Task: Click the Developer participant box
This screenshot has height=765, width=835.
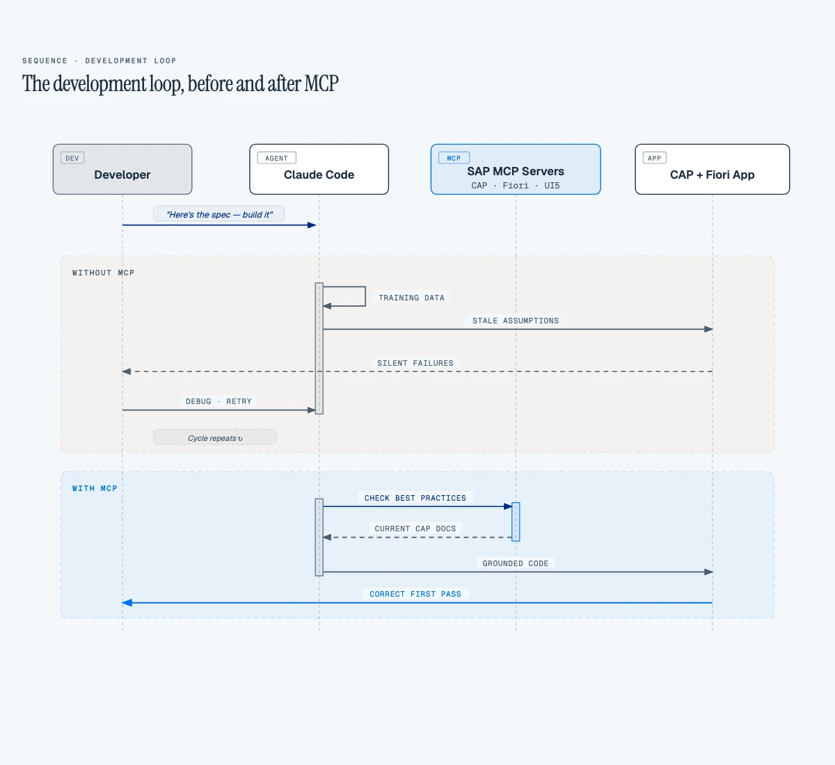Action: coord(122,170)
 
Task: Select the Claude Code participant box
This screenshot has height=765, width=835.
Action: coord(319,170)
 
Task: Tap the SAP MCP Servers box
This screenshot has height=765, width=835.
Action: coord(516,170)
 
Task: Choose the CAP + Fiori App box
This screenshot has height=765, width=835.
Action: coord(712,170)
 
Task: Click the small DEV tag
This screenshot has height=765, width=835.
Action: coord(72,158)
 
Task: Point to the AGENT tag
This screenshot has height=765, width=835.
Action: coord(276,158)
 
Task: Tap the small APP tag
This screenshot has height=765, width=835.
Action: coord(654,158)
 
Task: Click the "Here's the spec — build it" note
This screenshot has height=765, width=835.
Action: coord(219,214)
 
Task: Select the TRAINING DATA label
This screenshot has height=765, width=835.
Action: coord(411,298)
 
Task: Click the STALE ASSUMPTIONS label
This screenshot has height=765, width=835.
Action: coord(516,321)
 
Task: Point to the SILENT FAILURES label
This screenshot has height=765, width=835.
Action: coord(415,363)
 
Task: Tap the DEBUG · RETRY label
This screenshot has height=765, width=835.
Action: coord(218,401)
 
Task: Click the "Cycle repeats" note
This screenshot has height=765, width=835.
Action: coord(215,437)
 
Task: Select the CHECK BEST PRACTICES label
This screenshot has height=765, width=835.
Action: coord(415,498)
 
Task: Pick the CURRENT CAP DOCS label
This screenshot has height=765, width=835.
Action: coord(415,529)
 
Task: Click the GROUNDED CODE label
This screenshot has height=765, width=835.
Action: coord(516,563)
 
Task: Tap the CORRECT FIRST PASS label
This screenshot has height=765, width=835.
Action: coord(415,594)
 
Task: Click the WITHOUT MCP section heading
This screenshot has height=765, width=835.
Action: coord(103,273)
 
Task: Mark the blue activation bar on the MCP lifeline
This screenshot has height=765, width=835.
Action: coord(516,522)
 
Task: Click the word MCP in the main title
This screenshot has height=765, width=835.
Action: coord(321,84)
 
